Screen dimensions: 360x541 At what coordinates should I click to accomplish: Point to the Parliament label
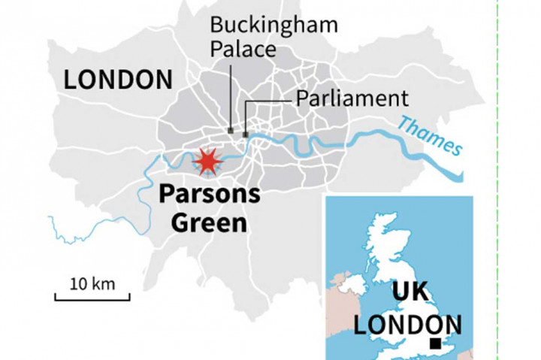352,98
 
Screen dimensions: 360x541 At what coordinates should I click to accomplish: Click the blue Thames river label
431,135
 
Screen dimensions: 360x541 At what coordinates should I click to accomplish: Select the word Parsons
210,195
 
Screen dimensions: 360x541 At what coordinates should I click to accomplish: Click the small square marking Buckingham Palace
230,130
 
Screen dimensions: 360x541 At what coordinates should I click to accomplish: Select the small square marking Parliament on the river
246,135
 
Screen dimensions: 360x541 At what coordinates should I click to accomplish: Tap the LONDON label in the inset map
408,325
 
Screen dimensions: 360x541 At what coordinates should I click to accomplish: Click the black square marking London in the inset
435,343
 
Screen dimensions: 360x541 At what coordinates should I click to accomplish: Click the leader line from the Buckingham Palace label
230,94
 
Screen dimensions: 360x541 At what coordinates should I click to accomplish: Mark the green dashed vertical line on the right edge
498,180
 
